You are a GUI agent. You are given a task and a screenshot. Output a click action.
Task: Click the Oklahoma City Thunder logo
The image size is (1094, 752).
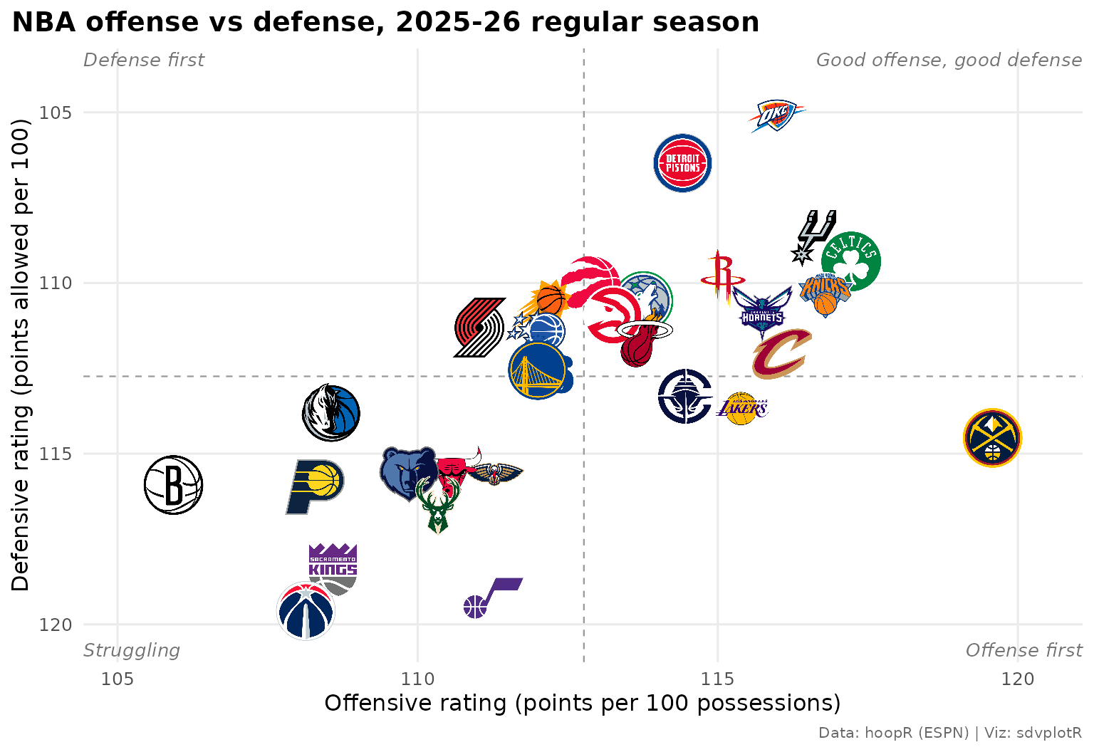coord(776,116)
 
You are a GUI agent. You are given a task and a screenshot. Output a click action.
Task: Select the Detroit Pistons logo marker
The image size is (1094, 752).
coord(682,163)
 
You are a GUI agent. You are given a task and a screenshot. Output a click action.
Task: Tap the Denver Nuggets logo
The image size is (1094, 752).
coord(992,438)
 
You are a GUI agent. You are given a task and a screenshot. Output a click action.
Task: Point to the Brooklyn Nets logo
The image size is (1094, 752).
coord(173,485)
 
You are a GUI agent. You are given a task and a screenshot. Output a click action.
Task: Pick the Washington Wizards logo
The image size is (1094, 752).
coord(306,611)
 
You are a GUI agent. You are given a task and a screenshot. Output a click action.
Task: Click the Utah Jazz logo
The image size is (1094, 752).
coord(493,598)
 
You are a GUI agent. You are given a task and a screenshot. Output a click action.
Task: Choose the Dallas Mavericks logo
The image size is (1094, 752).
coord(331,413)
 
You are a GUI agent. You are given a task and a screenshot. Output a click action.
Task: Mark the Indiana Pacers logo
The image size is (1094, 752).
coord(315,487)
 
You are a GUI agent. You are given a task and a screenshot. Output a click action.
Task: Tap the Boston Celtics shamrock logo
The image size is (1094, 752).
coord(851,261)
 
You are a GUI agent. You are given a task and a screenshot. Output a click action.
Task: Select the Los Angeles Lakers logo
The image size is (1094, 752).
coord(742,409)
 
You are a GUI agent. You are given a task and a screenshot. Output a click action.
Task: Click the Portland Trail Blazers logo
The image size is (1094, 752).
coord(479,328)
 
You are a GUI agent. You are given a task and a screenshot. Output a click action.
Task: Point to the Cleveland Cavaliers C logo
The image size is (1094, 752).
coord(782,354)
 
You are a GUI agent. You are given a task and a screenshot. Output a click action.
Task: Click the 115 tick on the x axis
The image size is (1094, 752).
coord(717,679)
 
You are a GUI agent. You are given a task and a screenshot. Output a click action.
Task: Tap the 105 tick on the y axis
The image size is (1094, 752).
coord(55,113)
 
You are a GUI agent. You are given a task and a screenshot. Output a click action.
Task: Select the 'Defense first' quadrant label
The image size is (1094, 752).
coord(144,60)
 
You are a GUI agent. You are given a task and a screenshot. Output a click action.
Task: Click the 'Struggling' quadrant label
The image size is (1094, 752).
coord(131,650)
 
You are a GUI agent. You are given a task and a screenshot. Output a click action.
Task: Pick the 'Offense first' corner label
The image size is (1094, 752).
coord(1023,650)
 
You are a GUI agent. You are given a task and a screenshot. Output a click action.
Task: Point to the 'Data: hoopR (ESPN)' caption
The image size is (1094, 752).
coord(893,733)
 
